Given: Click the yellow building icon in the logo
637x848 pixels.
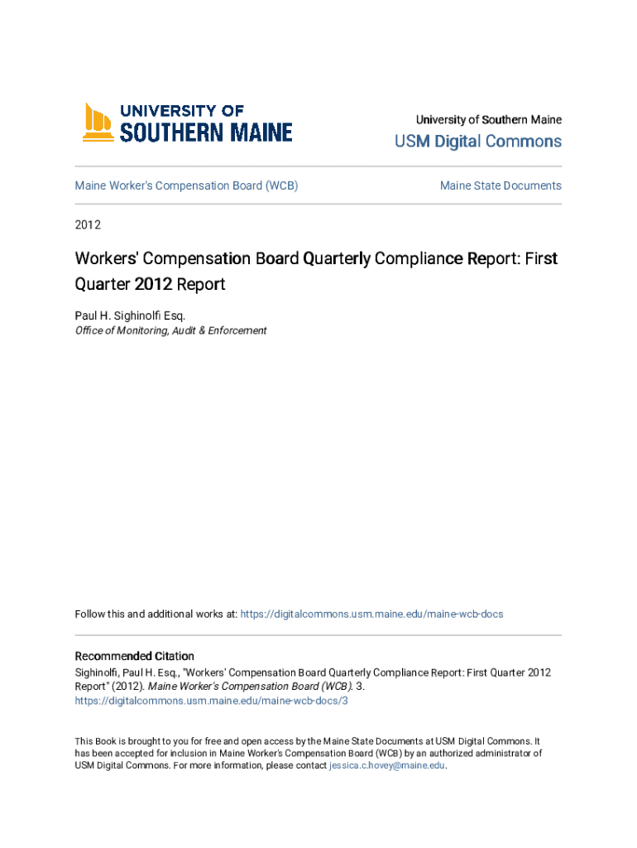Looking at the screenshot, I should (97, 122).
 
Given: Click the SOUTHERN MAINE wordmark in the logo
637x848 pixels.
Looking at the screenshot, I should (206, 132).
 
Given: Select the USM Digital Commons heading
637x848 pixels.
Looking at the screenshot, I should (477, 142).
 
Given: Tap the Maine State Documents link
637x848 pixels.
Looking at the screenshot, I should (500, 185).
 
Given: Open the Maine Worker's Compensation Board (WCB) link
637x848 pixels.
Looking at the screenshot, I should (186, 185).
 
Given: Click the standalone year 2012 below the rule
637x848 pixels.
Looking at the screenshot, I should (88, 224).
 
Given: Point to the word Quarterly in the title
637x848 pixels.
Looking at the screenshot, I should (337, 258).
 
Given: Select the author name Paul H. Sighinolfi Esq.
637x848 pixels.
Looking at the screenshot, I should (131, 316).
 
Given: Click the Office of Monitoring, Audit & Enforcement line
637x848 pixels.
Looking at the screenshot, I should (170, 330).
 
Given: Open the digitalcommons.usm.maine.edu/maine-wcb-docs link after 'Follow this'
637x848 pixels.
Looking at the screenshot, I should (371, 614).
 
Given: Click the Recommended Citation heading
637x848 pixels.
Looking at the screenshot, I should (134, 656).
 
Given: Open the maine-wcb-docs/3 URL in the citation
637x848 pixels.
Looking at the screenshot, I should (211, 700).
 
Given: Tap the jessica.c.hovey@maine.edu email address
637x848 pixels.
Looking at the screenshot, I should (387, 766).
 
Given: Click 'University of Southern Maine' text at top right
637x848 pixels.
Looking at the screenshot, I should (488, 120).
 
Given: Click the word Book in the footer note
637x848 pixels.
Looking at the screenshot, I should (107, 741).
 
